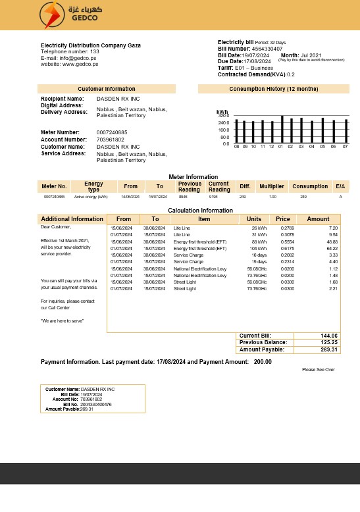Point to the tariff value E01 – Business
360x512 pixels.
(255, 68)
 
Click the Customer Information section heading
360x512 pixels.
(107, 89)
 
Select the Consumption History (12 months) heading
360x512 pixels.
(273, 89)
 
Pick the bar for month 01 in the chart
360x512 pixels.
(282, 130)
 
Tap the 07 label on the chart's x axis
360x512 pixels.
(345, 147)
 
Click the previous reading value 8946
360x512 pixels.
(183, 197)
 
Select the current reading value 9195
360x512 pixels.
(213, 197)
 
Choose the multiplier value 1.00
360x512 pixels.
(272, 197)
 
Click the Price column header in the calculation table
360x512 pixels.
(283, 219)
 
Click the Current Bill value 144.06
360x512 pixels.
(329, 336)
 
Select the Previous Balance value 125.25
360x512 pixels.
(329, 342)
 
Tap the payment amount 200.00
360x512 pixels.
(263, 362)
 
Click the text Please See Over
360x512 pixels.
(319, 370)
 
